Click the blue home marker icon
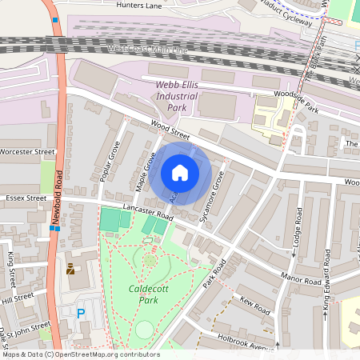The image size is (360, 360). pyautogui.click(x=180, y=173)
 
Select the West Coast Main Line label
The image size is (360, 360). pyautogui.click(x=147, y=50)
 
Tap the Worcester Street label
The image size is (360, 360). pyautogui.click(x=27, y=150)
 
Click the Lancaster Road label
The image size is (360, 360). pyautogui.click(x=148, y=212)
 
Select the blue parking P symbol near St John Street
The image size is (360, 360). pyautogui.click(x=80, y=314)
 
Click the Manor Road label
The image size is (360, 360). pyautogui.click(x=278, y=277)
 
